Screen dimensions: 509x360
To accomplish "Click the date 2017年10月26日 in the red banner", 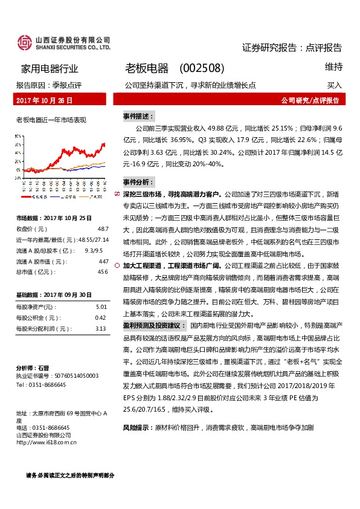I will pyautogui.click(x=45, y=100).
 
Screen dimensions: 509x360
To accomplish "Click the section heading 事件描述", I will pyautogui.click(x=138, y=115).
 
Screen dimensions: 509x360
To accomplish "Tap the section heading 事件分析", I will pyautogui.click(x=138, y=181).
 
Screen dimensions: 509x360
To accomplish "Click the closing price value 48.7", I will pyautogui.click(x=102, y=229).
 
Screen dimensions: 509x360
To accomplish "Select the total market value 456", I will pyautogui.click(x=103, y=271).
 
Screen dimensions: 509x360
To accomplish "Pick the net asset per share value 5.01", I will pyautogui.click(x=101, y=307).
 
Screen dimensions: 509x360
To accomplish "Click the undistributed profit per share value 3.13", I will pyautogui.click(x=101, y=328).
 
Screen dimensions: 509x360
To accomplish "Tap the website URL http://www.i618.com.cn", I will pyautogui.click(x=47, y=441).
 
